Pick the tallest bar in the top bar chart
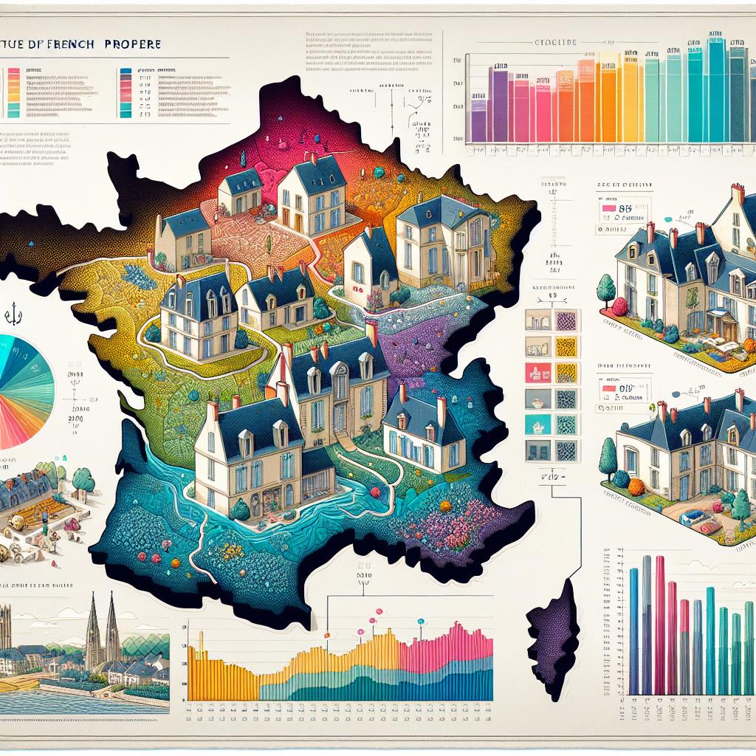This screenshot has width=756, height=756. coord(715,89)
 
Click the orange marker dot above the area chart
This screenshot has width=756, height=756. coord(326,634)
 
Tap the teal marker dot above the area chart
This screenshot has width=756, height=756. coord(421,622)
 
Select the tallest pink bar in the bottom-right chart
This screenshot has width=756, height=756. coord(659,624)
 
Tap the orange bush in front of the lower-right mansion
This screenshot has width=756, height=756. coord(636,486)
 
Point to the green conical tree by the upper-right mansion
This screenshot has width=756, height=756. coord(605,288)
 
